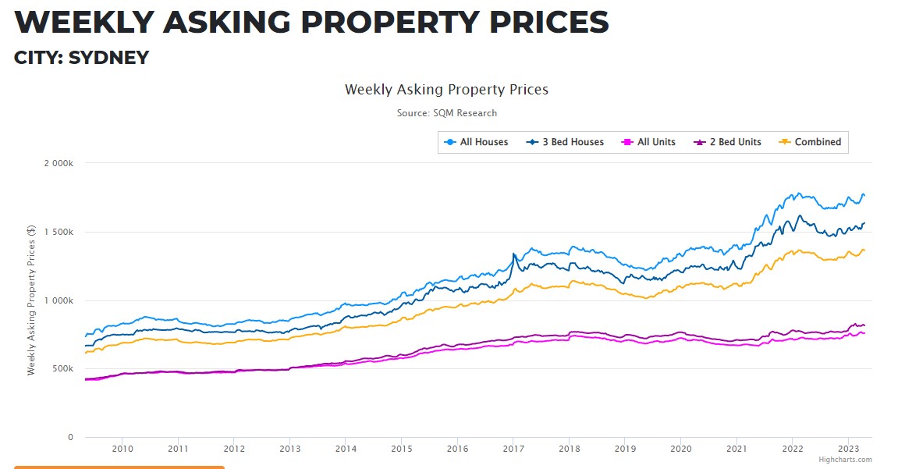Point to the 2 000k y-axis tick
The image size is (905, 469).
[x=58, y=163]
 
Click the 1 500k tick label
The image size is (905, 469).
[x=58, y=232]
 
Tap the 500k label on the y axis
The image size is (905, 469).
[x=62, y=369]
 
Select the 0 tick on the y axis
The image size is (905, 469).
[x=70, y=437]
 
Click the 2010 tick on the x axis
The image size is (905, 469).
[x=122, y=449]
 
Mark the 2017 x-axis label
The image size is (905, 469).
[x=513, y=449]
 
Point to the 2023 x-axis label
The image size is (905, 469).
[x=849, y=449]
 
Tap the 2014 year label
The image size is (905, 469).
[x=346, y=449]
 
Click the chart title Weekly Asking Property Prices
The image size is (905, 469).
[x=446, y=90]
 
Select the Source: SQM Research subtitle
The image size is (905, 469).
[x=446, y=113]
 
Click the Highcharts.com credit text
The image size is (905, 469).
[x=845, y=460]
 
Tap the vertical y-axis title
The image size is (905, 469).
[x=31, y=300]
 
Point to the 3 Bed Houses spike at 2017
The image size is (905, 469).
[x=513, y=254]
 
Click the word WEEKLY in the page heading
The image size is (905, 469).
[x=81, y=23]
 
